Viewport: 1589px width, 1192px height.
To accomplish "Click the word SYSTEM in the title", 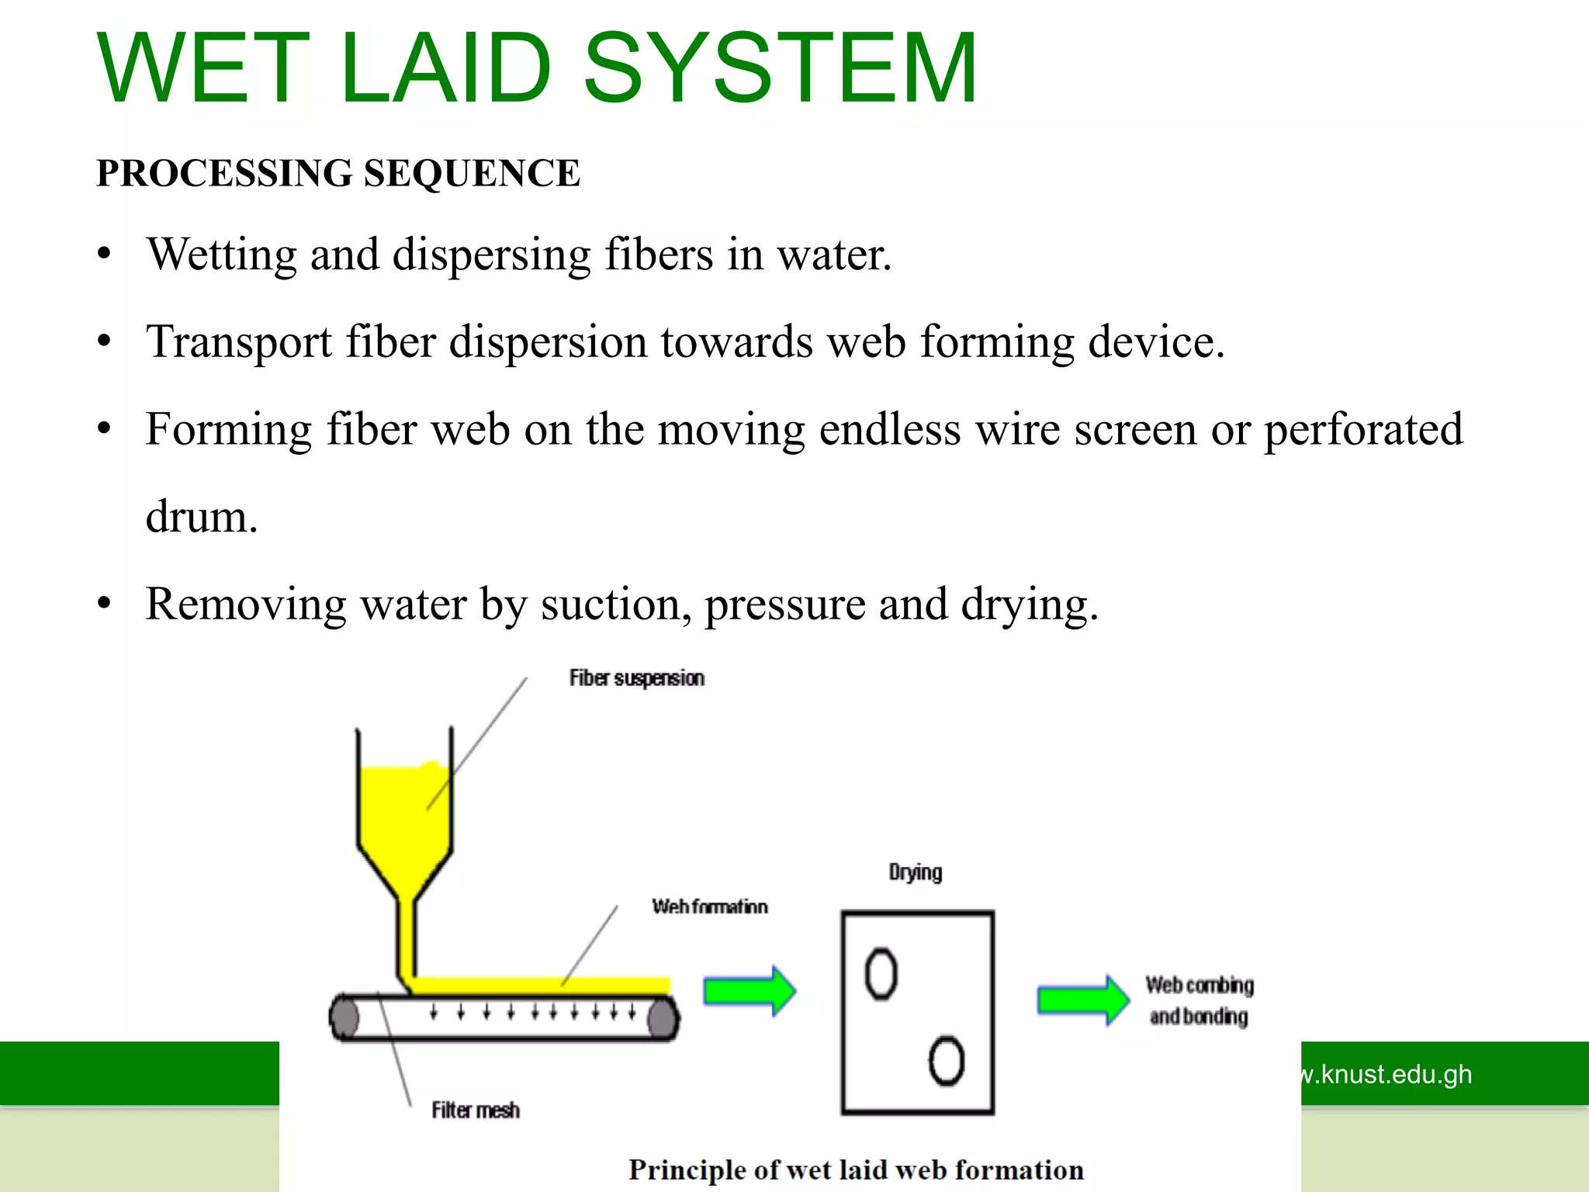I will point(780,68).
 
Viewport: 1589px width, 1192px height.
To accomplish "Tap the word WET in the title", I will point(203,68).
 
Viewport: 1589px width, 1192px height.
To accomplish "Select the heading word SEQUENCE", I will point(471,172).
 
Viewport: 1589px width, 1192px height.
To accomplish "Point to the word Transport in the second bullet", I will point(239,342).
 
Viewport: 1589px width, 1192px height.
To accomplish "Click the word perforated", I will point(1363,429).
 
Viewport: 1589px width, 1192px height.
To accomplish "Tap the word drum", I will point(201,517).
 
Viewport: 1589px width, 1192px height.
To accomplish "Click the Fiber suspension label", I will point(636,678).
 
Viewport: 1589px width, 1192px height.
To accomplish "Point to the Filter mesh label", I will point(475,1111).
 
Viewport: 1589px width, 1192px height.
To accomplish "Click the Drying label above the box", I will point(915,872).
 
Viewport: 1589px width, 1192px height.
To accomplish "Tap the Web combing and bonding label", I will point(1199,1000).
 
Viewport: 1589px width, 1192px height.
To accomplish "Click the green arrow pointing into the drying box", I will point(749,991).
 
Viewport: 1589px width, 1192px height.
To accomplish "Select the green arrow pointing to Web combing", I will point(1083,1000).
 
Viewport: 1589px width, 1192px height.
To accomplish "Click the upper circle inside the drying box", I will point(881,974).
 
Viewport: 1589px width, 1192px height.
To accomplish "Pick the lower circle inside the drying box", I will point(946,1061).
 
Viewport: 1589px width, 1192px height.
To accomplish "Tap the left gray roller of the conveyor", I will point(345,1017).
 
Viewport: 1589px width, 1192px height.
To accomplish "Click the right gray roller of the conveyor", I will point(663,1017).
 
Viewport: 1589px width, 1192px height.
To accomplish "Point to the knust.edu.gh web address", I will point(1385,1074).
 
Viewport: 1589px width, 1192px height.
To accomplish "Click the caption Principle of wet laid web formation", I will point(855,1169).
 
